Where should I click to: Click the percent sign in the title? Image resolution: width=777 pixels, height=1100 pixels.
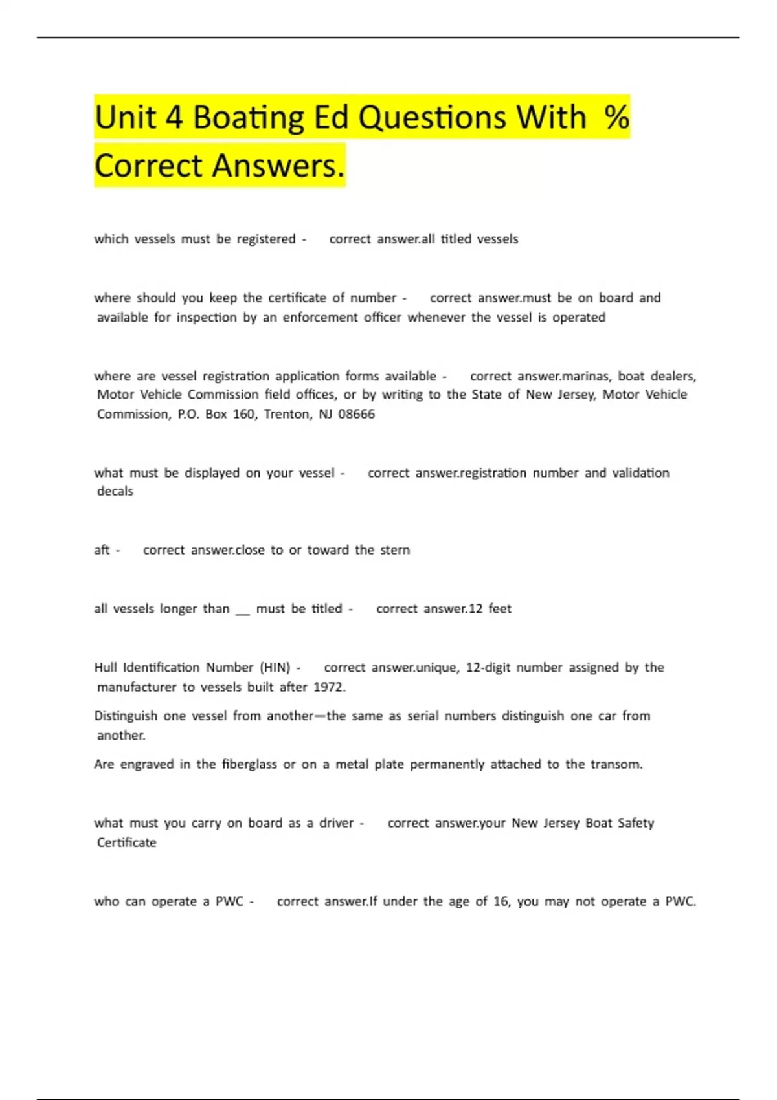[x=616, y=118]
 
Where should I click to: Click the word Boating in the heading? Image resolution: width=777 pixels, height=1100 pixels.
[x=249, y=118]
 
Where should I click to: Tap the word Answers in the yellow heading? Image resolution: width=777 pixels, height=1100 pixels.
[x=278, y=166]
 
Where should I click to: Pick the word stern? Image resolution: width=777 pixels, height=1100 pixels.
[x=394, y=550]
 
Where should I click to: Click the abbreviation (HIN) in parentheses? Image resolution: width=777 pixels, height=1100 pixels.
[x=275, y=668]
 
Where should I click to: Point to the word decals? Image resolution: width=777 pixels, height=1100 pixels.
[x=115, y=492]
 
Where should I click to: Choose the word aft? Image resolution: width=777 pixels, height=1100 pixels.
[x=102, y=550]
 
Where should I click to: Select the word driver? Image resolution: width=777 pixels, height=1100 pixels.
[x=336, y=823]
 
